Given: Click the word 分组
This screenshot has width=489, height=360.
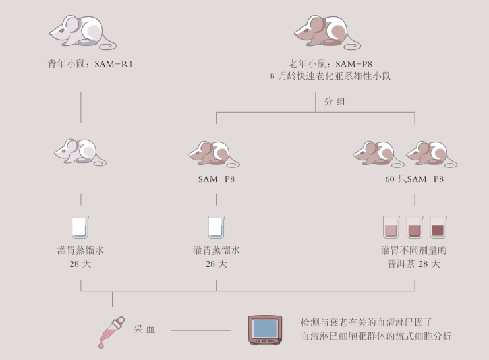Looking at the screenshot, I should click(x=334, y=102).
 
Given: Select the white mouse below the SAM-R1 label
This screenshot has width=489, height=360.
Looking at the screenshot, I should click(x=79, y=152).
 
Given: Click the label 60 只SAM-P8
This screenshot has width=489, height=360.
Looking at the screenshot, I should click(x=414, y=179).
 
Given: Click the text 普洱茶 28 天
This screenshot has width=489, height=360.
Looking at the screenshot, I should click(x=413, y=264).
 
